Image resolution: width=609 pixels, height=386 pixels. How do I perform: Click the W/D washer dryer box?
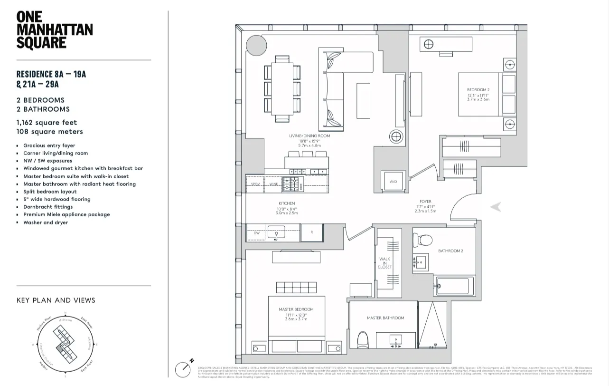tap(394, 181)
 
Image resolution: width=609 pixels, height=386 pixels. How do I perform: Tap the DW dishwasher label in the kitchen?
tap(257, 233)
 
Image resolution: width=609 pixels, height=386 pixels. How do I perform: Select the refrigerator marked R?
tap(312, 232)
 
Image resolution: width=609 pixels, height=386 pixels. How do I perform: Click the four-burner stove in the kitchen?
tap(291, 183)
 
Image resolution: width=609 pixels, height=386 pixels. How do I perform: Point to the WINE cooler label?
tap(273, 184)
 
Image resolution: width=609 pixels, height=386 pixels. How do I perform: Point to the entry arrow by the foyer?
tap(496, 207)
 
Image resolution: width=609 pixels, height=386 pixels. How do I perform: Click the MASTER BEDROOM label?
tap(296, 309)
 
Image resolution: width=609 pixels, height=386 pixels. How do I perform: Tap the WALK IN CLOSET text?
tap(384, 263)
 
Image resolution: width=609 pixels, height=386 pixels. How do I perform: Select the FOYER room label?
tap(425, 202)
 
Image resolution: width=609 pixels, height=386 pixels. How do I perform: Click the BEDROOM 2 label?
tap(478, 90)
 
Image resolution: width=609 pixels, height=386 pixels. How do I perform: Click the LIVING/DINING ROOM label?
tap(309, 136)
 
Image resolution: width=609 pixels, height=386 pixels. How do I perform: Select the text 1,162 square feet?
tap(47, 123)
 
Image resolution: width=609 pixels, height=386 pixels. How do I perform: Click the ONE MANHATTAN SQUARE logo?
tap(55, 29)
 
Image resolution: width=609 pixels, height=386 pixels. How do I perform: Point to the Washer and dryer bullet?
tap(46, 222)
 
